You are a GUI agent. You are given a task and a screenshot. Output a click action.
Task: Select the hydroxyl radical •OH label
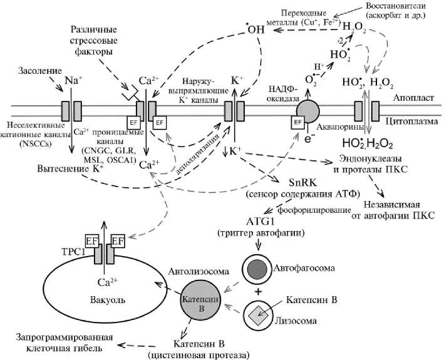coord(254,28)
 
